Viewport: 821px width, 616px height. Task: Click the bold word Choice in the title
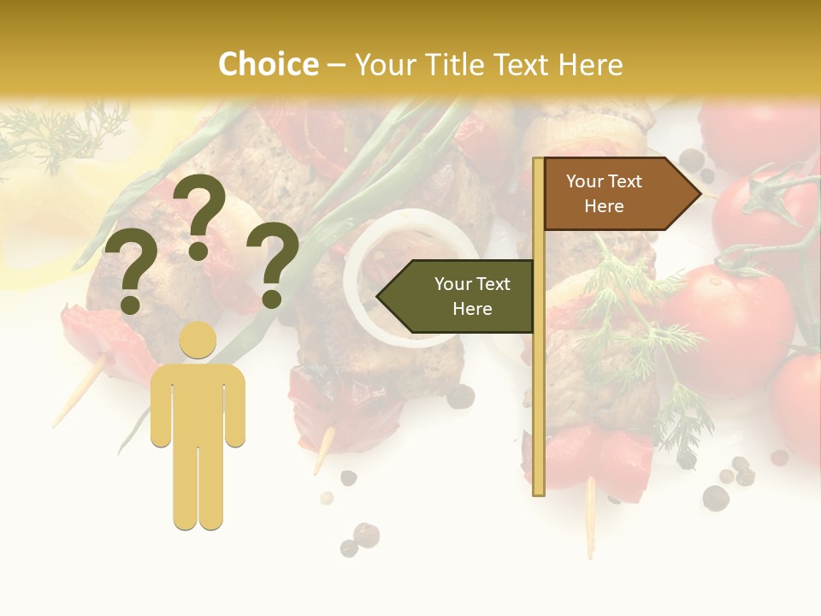(x=268, y=64)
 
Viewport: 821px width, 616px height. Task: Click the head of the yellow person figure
(x=198, y=341)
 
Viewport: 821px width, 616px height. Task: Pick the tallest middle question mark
(x=198, y=214)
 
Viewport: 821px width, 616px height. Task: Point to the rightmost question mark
(x=273, y=264)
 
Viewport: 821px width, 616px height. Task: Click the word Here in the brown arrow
(x=604, y=206)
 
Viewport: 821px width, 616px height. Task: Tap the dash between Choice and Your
(x=336, y=65)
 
